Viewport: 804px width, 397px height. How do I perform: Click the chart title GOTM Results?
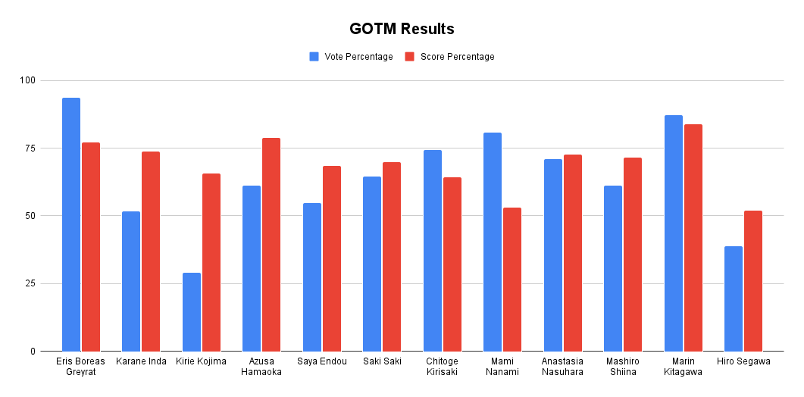tap(402, 30)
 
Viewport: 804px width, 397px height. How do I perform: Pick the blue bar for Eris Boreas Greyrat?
tap(71, 224)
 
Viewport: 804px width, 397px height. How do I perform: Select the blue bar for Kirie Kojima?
tap(192, 312)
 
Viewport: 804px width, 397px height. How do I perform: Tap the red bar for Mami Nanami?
tap(512, 280)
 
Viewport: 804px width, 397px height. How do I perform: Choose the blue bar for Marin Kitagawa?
tap(674, 233)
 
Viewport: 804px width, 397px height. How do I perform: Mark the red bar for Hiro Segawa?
tap(753, 281)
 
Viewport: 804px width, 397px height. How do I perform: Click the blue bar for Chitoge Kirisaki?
tap(433, 251)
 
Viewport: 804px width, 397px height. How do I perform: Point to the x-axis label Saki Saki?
tap(382, 361)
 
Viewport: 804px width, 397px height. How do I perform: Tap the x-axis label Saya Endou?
tap(322, 361)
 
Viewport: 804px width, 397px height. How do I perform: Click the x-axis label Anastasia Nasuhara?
tap(562, 366)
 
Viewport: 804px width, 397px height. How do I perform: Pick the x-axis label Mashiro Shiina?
tap(623, 366)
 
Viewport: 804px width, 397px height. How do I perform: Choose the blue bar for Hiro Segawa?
tap(734, 299)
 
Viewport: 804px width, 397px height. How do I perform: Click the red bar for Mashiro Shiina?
tap(633, 255)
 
